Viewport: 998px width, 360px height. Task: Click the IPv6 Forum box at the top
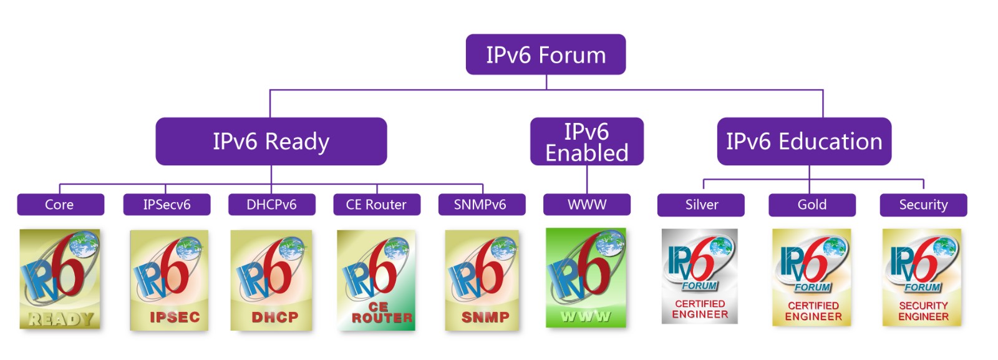[546, 54]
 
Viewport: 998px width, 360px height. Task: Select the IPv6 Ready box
[271, 141]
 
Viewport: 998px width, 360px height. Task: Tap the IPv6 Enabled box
[587, 141]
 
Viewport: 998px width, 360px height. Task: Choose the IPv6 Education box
[804, 141]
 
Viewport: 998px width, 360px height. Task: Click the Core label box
[61, 205]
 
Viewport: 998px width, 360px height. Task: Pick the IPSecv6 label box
[167, 205]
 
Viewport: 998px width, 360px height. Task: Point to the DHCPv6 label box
[272, 205]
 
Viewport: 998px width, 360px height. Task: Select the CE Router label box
[377, 205]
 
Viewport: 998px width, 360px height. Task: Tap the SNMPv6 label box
[482, 205]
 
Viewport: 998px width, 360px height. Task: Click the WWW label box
[587, 205]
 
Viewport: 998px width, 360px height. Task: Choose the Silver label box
[701, 205]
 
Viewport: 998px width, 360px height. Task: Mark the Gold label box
[812, 205]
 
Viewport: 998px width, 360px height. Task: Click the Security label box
[924, 205]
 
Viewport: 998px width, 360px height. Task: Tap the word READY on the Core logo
[61, 319]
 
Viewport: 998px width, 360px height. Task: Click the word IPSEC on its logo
[175, 317]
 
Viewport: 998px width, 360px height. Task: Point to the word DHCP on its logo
[275, 317]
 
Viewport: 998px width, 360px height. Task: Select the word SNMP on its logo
[485, 317]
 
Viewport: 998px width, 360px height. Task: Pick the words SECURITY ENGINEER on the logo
[923, 311]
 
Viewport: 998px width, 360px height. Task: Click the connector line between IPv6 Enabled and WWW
[587, 180]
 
